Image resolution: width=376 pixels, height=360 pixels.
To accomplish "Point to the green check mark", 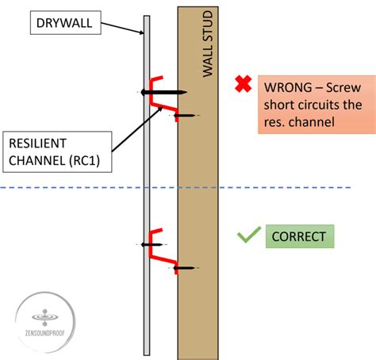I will tap(248, 236).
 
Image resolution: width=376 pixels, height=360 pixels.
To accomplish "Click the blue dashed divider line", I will tap(238, 188).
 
